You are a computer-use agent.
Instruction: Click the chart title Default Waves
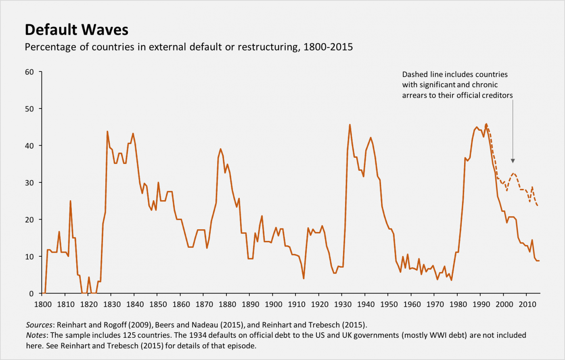(x=77, y=30)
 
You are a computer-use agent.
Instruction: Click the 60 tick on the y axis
(x=29, y=72)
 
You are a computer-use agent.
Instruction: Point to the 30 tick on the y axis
(x=29, y=183)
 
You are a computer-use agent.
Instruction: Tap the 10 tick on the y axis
(x=29, y=257)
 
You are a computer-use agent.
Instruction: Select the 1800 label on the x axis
(x=42, y=304)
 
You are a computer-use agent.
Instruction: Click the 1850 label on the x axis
(x=158, y=304)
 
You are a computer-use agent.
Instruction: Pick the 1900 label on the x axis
(x=273, y=304)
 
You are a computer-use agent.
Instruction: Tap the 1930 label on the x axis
(x=342, y=304)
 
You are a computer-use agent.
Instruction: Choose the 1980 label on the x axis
(x=458, y=304)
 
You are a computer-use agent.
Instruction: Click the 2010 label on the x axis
(x=527, y=304)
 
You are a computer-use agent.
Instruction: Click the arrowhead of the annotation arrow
(x=513, y=161)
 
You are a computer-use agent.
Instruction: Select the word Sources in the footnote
(x=39, y=325)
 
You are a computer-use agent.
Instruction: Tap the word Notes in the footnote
(x=36, y=335)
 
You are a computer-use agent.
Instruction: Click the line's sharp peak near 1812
(x=70, y=201)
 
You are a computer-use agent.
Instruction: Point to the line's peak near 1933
(x=349, y=125)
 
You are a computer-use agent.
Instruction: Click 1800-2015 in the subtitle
(x=328, y=47)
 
